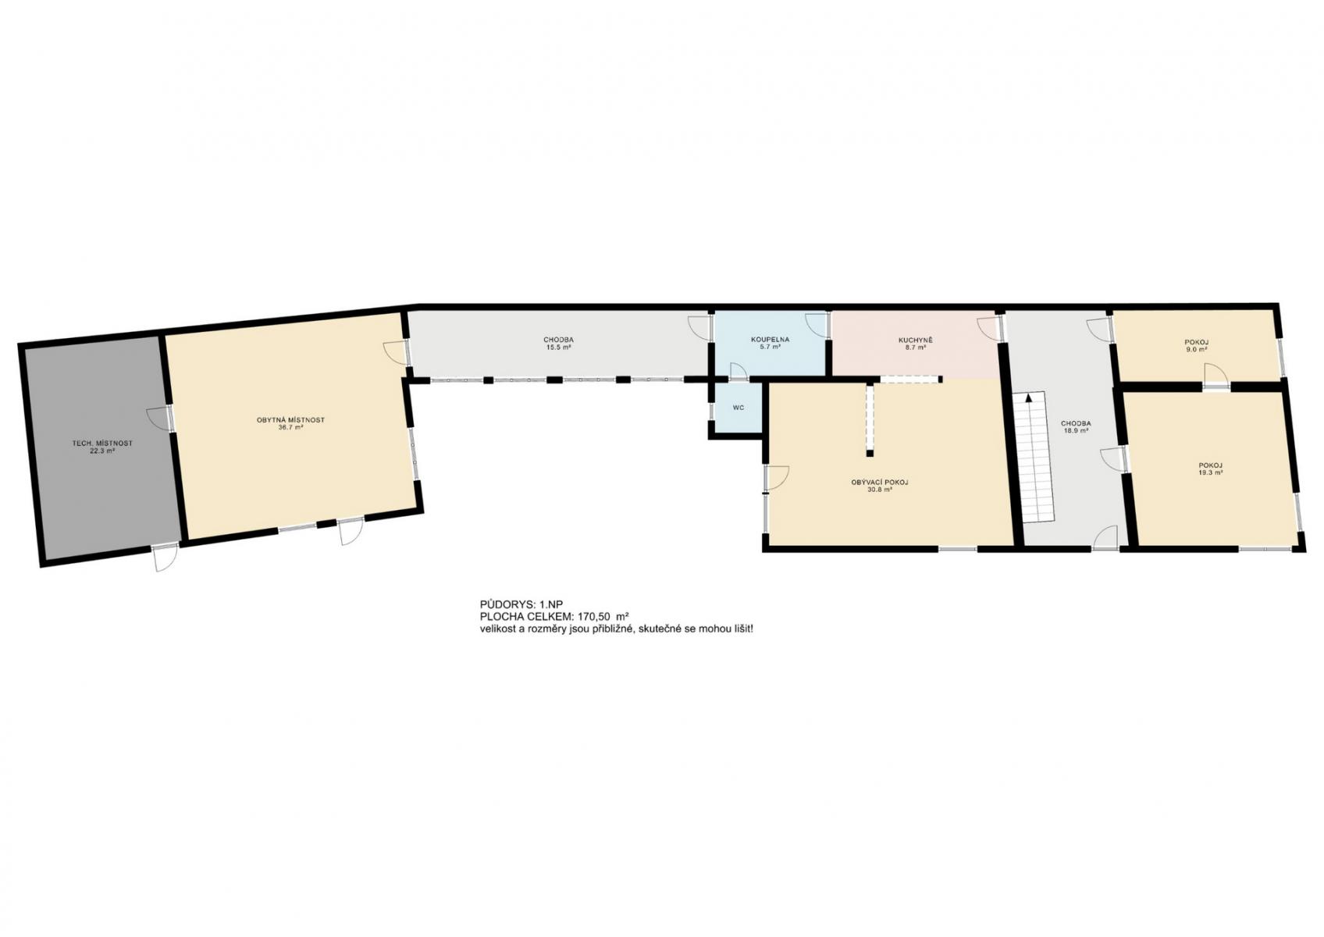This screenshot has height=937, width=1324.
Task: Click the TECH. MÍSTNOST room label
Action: (102, 443)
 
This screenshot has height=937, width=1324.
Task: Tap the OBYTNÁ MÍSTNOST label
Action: (291, 420)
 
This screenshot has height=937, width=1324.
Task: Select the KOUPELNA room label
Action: (771, 340)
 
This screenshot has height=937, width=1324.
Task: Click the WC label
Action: (739, 408)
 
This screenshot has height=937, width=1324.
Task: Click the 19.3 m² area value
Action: (1211, 473)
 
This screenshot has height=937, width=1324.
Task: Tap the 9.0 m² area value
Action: (1196, 349)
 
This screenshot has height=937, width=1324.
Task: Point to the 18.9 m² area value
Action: (1076, 431)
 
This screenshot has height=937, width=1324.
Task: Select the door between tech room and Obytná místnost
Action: (158, 419)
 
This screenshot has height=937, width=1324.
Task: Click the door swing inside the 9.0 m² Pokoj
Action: (1215, 376)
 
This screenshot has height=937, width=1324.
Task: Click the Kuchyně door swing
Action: (988, 329)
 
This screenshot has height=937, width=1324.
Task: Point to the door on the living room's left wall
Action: (777, 479)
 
